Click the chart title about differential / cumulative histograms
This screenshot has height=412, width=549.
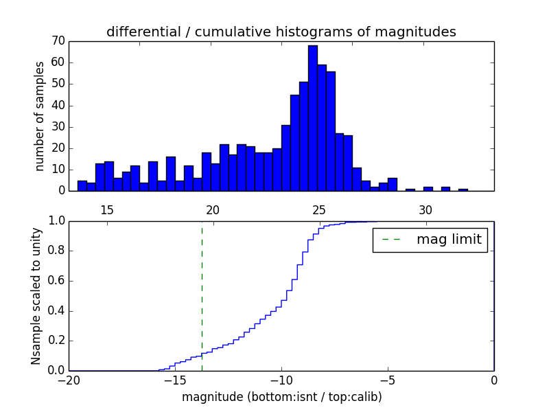pos(281,32)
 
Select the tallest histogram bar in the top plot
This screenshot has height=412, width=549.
pos(312,117)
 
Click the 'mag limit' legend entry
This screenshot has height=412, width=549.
pos(430,240)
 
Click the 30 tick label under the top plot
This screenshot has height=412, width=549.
pos(425,210)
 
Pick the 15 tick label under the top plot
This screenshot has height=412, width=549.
pos(107,210)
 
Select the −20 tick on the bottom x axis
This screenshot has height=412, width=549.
pos(69,380)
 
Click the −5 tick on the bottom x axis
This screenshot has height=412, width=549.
pos(388,380)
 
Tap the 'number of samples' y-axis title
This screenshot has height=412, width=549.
pos(40,116)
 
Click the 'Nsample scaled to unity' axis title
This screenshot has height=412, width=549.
pos(36,296)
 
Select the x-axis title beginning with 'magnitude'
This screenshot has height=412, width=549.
pos(281,397)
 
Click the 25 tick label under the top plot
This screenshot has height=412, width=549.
pos(319,210)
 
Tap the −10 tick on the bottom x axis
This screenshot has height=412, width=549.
pos(281,380)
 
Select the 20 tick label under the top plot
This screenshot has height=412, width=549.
pos(213,210)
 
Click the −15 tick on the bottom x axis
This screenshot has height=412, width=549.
pos(175,380)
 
